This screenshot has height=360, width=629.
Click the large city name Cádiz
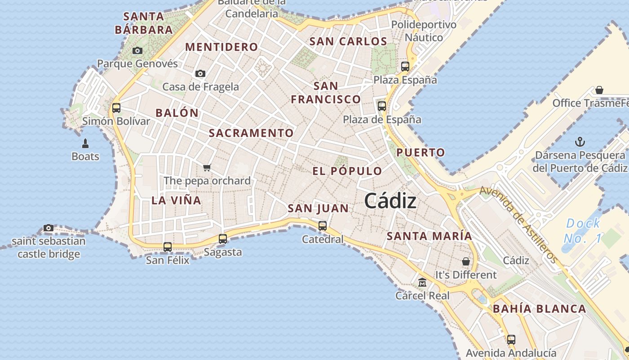pos(390,201)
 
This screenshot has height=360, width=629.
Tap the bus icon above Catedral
pos(323,226)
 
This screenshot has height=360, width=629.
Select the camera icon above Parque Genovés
pos(137,51)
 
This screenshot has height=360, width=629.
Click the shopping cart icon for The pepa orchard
pos(207,168)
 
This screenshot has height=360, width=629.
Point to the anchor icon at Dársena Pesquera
pos(580,142)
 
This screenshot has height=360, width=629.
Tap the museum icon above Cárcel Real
pos(422,283)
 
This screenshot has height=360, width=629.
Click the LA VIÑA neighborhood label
pos(176,201)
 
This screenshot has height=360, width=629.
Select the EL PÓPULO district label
pos(347,171)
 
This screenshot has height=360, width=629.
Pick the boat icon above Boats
pos(85,144)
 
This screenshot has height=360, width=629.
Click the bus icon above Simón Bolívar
pos(116,108)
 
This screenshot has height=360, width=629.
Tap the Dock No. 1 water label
pos(583,230)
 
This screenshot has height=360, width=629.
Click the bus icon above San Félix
pos(168,247)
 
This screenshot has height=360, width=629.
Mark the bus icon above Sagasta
pos(223,239)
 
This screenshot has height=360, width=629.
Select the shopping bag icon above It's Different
pos(466,261)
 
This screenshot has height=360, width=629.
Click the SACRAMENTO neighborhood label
pos(251,133)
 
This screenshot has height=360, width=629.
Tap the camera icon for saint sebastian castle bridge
pos(49,228)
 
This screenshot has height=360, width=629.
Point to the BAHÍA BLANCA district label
pos(539,309)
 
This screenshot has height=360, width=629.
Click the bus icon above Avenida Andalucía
pos(511,340)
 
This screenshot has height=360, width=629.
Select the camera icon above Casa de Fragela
pos(200,74)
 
